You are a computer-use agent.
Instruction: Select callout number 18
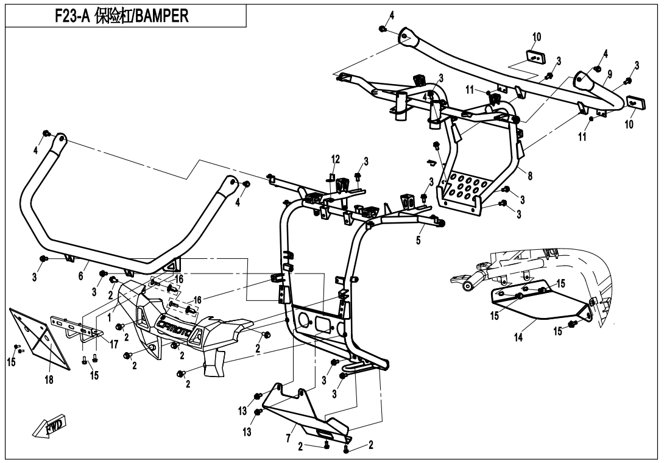click(49, 380)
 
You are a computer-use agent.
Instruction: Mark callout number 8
click(530, 176)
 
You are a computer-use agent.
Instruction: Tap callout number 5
click(419, 241)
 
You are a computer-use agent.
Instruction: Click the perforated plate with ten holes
click(465, 188)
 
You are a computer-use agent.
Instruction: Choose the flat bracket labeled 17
click(76, 327)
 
